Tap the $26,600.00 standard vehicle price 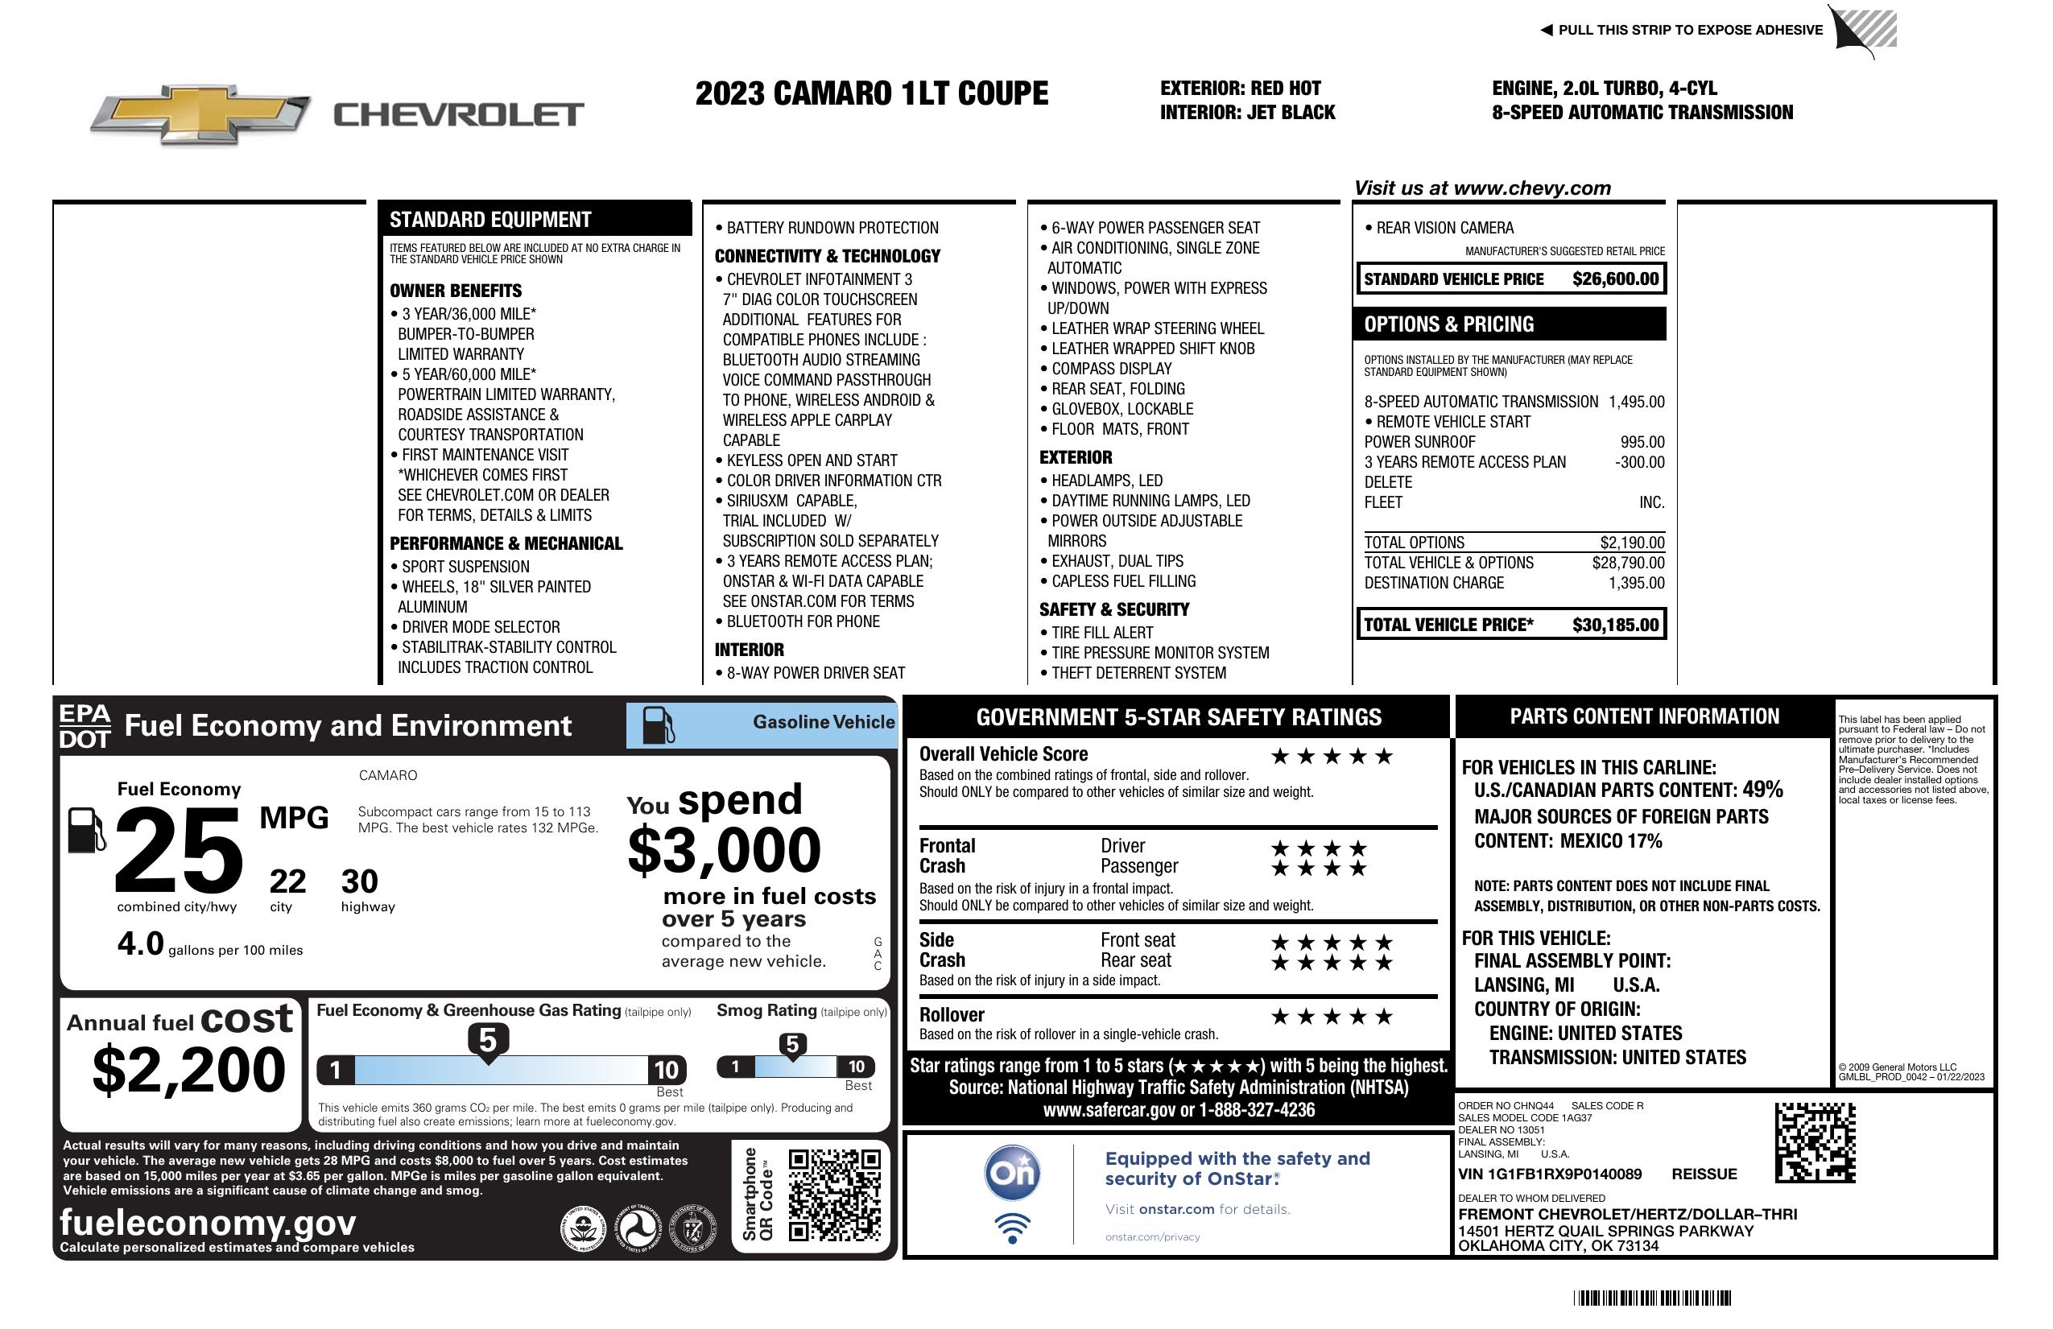(1615, 279)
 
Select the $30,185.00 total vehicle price (1615, 625)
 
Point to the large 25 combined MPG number (179, 849)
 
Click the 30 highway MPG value (359, 881)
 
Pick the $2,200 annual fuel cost (188, 1070)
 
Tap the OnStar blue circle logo (1012, 1173)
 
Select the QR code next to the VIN (1814, 1142)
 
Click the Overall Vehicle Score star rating (1332, 757)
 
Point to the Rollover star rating (1332, 1017)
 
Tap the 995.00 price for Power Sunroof (1642, 442)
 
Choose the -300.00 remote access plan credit (1639, 462)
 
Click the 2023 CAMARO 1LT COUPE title (871, 93)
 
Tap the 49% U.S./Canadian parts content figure (1762, 789)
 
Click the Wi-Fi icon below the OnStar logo (1012, 1228)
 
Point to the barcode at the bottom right (1651, 1298)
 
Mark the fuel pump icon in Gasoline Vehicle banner (659, 725)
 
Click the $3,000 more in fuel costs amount (724, 850)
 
